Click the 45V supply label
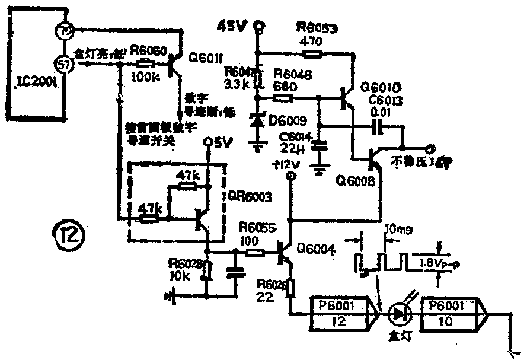point(232,26)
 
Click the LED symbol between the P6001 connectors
point(398,314)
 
